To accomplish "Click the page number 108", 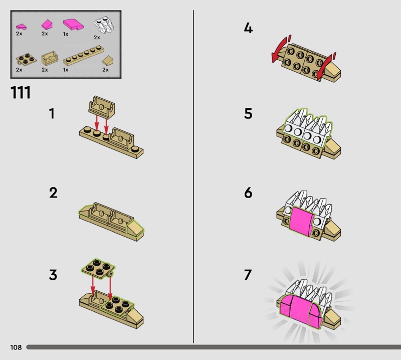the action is point(16,347).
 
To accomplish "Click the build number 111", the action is point(21,92).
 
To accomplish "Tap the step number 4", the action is point(248,28).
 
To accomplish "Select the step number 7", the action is point(248,275).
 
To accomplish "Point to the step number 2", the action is point(53,193).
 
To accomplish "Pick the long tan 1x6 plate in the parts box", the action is point(83,55).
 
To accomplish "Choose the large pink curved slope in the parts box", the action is point(73,25).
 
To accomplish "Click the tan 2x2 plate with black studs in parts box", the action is point(26,59).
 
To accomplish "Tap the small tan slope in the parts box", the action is point(108,61).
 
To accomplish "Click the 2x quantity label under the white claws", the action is point(97,38).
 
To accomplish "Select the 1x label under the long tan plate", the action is point(66,70).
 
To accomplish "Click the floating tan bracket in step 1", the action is point(102,107).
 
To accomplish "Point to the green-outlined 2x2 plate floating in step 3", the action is point(98,268).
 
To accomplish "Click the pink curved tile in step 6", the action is point(301,221).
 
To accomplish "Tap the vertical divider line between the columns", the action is point(193,176).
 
